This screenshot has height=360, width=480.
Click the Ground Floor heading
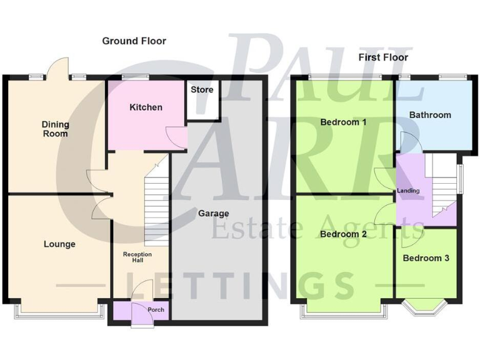pyautogui.click(x=134, y=41)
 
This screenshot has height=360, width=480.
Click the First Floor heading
pyautogui.click(x=383, y=57)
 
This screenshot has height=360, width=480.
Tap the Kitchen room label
pyautogui.click(x=146, y=107)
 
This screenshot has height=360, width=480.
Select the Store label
pyautogui.click(x=202, y=90)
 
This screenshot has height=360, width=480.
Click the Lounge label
pyautogui.click(x=59, y=244)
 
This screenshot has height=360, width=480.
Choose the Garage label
pyautogui.click(x=214, y=214)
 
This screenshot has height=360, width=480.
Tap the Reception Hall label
pyautogui.click(x=137, y=257)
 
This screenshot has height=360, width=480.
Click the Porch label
pyautogui.click(x=155, y=310)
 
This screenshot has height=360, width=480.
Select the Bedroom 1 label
pyautogui.click(x=343, y=122)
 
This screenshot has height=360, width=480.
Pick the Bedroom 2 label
pyautogui.click(x=343, y=234)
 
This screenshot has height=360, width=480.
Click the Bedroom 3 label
pyautogui.click(x=426, y=257)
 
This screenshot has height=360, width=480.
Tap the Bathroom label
pyautogui.click(x=430, y=115)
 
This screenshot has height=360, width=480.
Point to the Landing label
pyautogui.click(x=407, y=191)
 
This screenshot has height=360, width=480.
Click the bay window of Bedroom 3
pyautogui.click(x=426, y=306)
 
